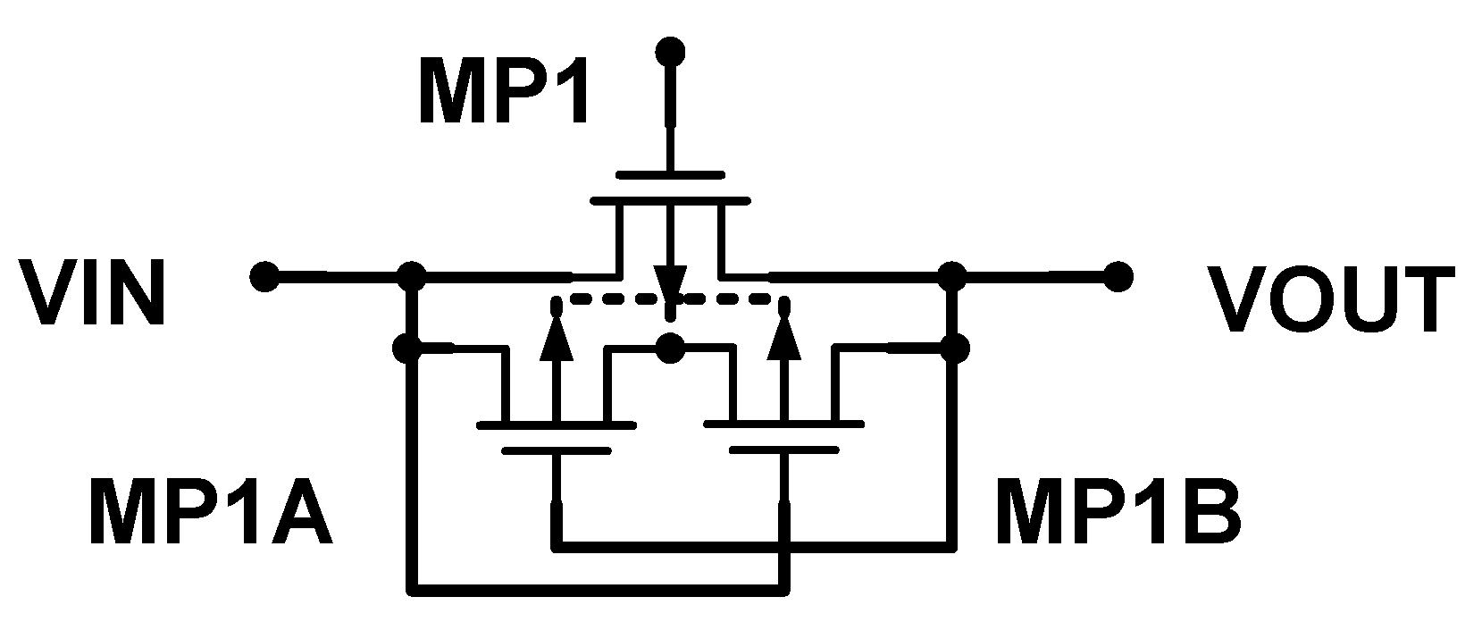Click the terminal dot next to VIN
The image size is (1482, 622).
coord(264,276)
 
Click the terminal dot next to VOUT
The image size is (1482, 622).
coord(1115,276)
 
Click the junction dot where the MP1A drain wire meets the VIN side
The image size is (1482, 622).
coord(411,347)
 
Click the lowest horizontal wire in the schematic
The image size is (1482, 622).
coord(599,589)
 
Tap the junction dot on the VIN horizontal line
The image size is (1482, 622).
coord(411,276)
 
